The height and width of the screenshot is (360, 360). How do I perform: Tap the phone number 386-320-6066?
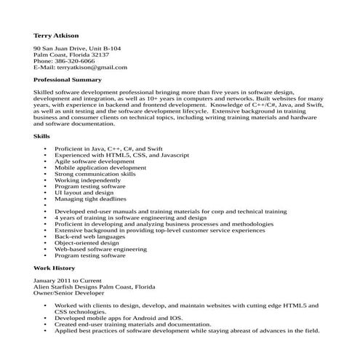click(78, 60)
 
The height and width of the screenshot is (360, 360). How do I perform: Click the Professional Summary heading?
click(68, 79)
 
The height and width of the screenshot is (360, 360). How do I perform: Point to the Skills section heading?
click(42, 135)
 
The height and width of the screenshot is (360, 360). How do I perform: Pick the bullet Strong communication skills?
click(95, 174)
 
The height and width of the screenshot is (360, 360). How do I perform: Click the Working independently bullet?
click(88, 180)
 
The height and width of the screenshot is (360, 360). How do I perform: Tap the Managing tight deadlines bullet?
click(90, 199)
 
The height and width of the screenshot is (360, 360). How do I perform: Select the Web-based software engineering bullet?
click(100, 249)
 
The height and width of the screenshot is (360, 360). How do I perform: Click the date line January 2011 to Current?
click(68, 280)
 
